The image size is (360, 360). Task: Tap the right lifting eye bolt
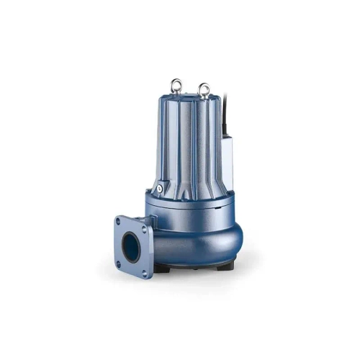tap(204, 89)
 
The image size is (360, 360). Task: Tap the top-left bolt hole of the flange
tap(120, 220)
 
